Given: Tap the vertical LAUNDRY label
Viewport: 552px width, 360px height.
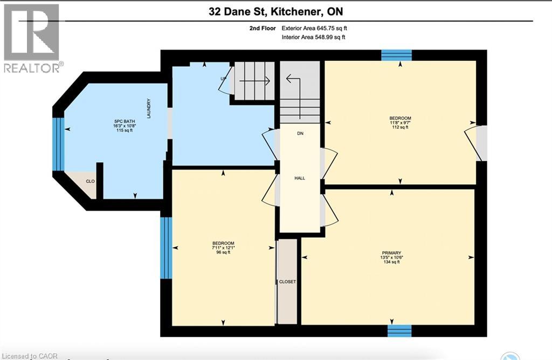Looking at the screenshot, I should tap(148, 109).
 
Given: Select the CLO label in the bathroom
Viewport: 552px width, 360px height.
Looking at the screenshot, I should tap(91, 181).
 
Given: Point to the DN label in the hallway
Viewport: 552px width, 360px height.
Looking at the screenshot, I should tap(300, 133).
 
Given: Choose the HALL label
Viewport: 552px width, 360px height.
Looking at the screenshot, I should tap(300, 178).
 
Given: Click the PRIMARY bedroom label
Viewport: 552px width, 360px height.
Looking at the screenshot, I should tap(391, 252).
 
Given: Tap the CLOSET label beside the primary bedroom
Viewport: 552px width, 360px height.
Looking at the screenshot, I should tap(287, 282).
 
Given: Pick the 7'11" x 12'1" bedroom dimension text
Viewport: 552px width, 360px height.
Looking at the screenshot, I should tap(223, 248).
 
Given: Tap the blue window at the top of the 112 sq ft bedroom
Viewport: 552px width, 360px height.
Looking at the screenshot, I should tap(397, 55).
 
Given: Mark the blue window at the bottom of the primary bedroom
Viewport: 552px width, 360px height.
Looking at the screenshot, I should tap(399, 331).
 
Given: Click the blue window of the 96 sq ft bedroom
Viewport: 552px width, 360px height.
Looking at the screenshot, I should tap(166, 248).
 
